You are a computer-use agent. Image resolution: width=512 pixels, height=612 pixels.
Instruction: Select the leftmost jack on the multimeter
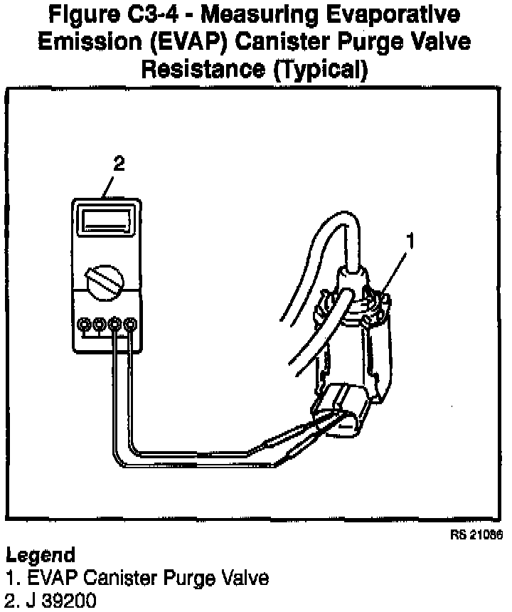coord(85,325)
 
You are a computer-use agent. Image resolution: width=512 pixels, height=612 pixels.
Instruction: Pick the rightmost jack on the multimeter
coord(129,325)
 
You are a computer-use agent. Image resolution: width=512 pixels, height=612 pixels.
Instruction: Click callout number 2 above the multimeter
coord(119,164)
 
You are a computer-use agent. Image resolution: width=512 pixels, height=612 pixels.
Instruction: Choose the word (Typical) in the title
coord(323,70)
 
